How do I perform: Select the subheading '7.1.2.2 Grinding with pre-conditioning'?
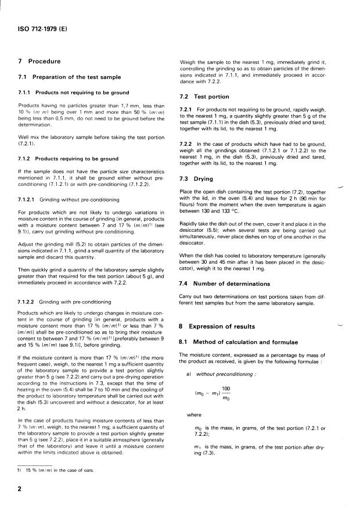click(x=64, y=302)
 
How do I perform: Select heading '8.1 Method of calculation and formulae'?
click(x=238, y=342)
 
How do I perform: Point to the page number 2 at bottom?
click(x=20, y=489)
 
